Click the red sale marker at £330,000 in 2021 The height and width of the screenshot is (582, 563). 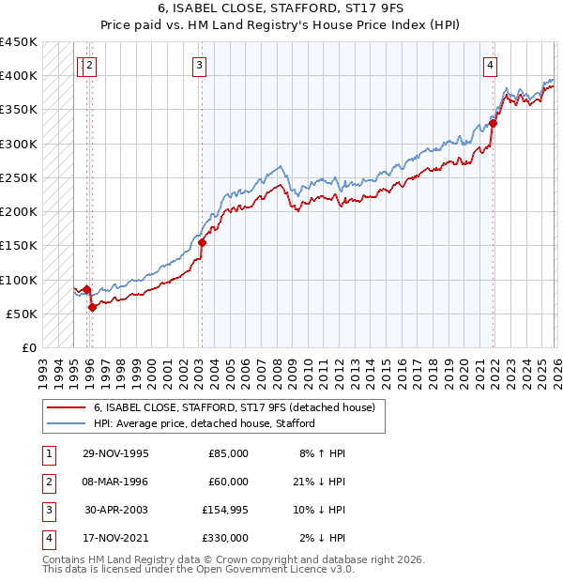pos(493,122)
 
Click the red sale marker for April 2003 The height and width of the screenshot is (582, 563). pos(202,242)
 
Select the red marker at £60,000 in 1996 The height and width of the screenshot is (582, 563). pos(92,307)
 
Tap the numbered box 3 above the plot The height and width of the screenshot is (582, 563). pos(201,65)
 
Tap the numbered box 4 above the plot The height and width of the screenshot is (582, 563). pos(491,65)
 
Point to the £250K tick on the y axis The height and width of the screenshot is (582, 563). pos(19,177)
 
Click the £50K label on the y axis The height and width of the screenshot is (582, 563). pos(22,314)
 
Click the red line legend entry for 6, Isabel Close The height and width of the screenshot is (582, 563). pos(234,407)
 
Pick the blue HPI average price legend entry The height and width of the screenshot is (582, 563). pos(204,423)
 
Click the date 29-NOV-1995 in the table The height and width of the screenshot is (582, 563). pos(115,453)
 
